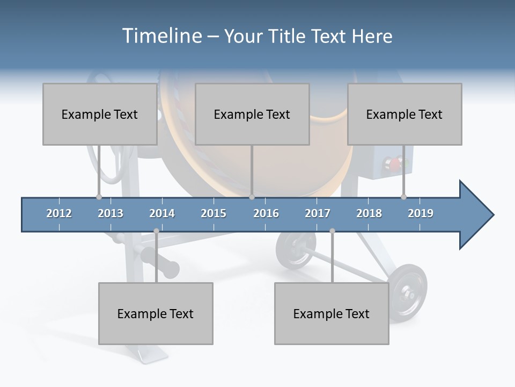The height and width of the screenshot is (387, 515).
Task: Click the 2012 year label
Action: [x=59, y=213]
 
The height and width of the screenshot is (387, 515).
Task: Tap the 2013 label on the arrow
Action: [x=111, y=213]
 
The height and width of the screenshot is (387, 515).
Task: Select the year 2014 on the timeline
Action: [x=162, y=213]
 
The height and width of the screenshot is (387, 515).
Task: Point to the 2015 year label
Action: [x=214, y=213]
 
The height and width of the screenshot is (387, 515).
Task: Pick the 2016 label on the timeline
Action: [x=266, y=213]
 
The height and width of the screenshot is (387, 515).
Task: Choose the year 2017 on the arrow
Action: [x=318, y=213]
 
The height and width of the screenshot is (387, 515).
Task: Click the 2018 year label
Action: [x=369, y=213]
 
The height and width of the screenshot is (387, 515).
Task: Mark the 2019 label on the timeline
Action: [x=421, y=213]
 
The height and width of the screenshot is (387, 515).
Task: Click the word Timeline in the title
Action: [x=161, y=36]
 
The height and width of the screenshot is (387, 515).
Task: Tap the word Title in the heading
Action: [x=288, y=36]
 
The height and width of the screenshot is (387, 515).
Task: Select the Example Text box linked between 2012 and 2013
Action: [x=100, y=114]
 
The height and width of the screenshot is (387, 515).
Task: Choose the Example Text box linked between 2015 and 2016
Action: [x=252, y=114]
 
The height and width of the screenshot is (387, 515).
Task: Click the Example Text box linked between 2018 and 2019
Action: [x=404, y=114]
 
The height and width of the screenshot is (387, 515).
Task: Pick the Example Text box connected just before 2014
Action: [x=156, y=313]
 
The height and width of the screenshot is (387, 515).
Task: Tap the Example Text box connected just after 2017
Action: [x=332, y=313]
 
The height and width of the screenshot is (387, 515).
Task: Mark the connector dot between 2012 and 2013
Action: [x=99, y=197]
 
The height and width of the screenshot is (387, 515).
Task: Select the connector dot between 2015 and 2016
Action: [x=252, y=197]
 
